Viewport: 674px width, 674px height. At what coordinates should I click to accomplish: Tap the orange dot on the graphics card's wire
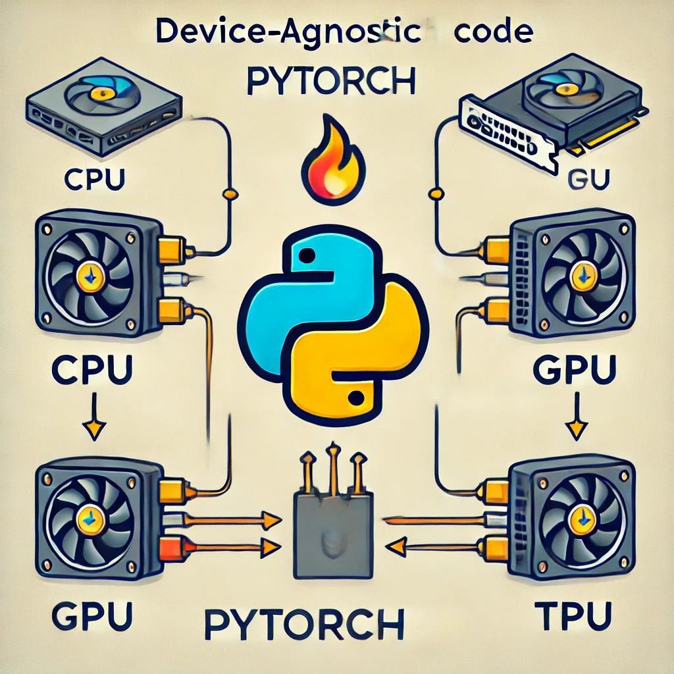click(434, 193)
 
